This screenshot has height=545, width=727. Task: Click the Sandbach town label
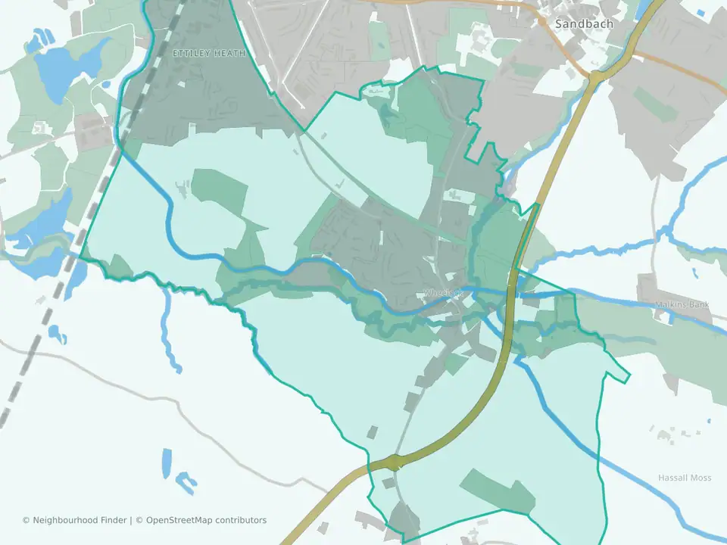[x=584, y=23]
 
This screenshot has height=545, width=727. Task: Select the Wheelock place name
[x=443, y=292]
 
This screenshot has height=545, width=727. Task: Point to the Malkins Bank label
[x=682, y=304]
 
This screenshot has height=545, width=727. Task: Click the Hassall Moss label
[x=685, y=478]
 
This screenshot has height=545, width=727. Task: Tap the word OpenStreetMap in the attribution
[x=179, y=520]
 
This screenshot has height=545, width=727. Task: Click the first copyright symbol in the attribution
[x=26, y=520]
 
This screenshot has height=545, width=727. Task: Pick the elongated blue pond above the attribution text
[x=167, y=461]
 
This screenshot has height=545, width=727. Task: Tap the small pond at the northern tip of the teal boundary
[x=374, y=92]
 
